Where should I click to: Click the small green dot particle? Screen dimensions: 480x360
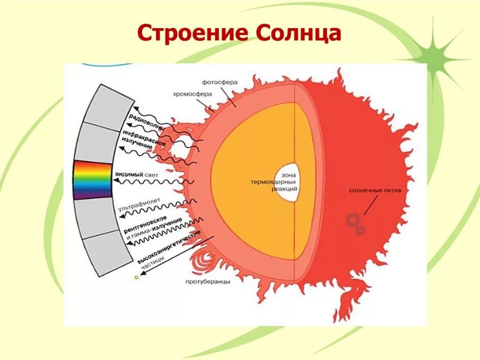[136, 277]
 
